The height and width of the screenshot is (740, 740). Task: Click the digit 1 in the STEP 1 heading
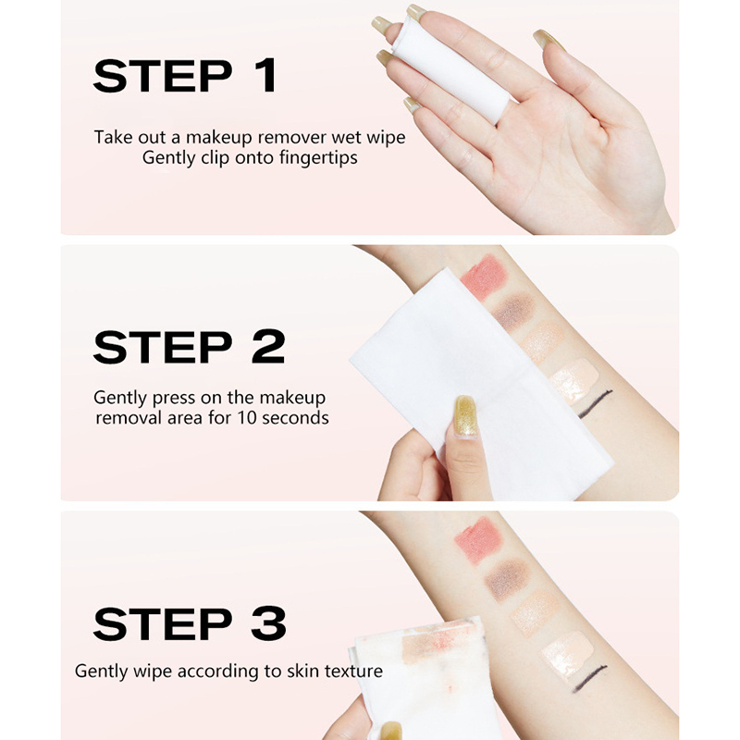[x=267, y=76]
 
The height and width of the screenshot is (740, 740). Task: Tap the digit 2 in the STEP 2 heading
[x=268, y=347]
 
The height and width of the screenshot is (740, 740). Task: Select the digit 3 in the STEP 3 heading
[x=268, y=623]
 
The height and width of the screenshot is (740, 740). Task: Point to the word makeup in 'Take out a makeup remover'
[x=218, y=138]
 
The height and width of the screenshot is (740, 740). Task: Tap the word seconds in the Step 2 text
[x=295, y=418]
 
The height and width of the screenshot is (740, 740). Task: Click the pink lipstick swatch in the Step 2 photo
[x=483, y=277]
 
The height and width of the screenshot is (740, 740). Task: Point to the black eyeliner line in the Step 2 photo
[x=595, y=404]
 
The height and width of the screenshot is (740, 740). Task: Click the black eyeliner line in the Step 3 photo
[x=589, y=678]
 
